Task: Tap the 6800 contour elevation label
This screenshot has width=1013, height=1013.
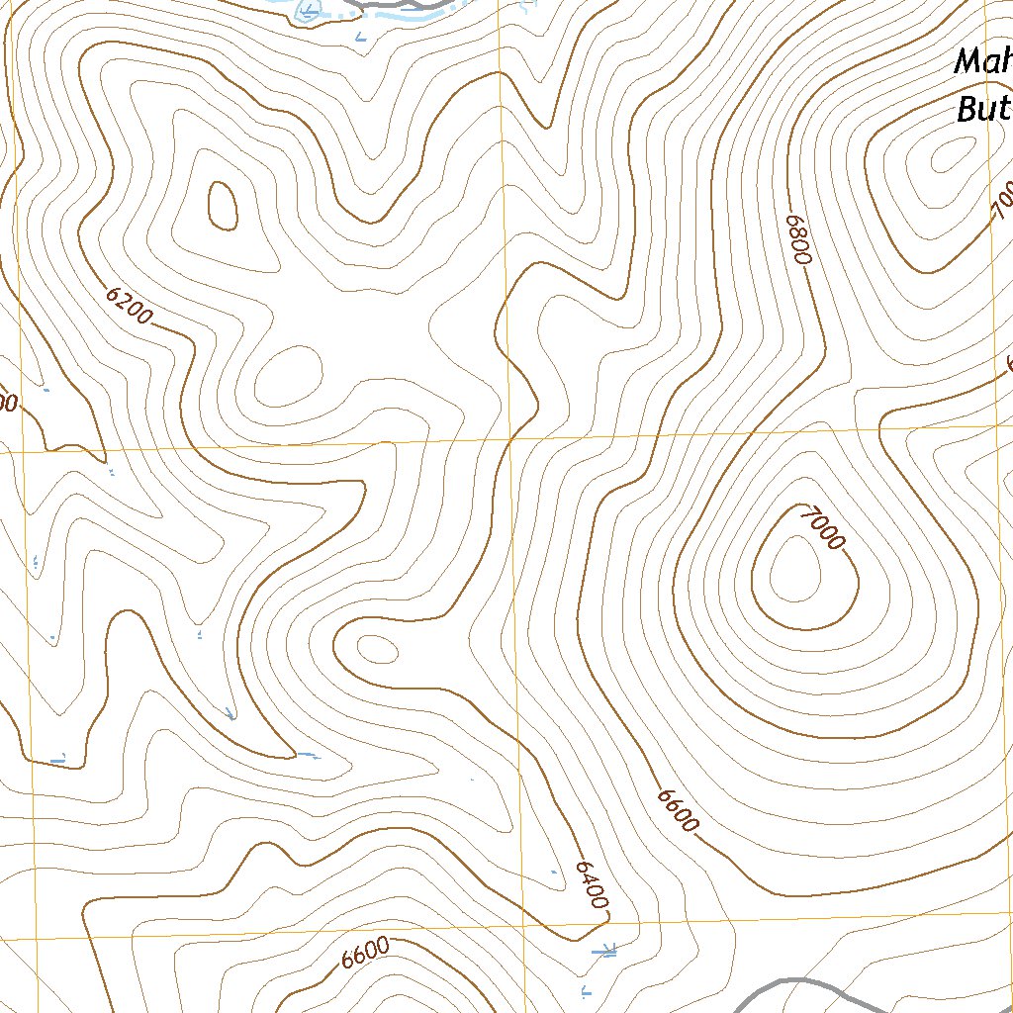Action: pyautogui.click(x=799, y=239)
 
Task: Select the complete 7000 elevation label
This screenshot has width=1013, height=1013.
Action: pyautogui.click(x=824, y=528)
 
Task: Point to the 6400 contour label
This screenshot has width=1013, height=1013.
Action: pyautogui.click(x=591, y=883)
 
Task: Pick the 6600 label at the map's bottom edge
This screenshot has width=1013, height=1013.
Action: pyautogui.click(x=365, y=954)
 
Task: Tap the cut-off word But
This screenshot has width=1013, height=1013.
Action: pyautogui.click(x=983, y=109)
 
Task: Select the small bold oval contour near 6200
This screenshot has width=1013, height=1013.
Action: pyautogui.click(x=223, y=205)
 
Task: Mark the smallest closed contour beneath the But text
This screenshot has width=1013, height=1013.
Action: pyautogui.click(x=951, y=152)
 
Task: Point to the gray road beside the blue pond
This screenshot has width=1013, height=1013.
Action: pyautogui.click(x=415, y=6)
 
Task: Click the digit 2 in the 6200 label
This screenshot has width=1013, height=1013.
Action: pyautogui.click(x=124, y=302)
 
